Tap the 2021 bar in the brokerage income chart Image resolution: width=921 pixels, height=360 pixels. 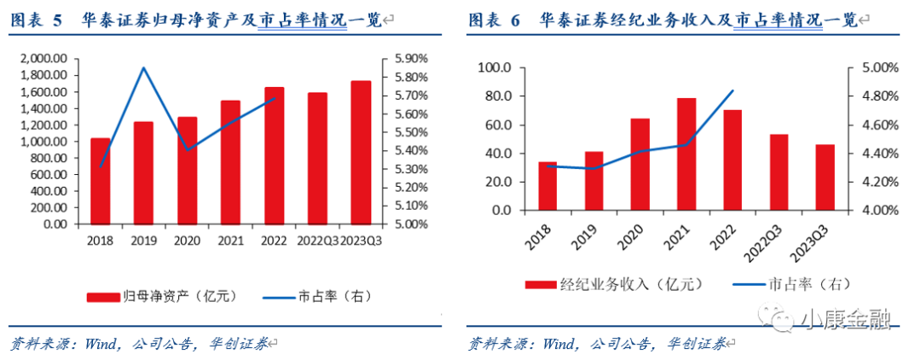pos(686,154)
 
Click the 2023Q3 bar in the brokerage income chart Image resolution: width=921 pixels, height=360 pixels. pos(825,177)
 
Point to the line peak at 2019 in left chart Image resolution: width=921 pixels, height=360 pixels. pos(143,67)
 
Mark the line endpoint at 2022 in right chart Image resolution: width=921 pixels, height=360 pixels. pos(733,90)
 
